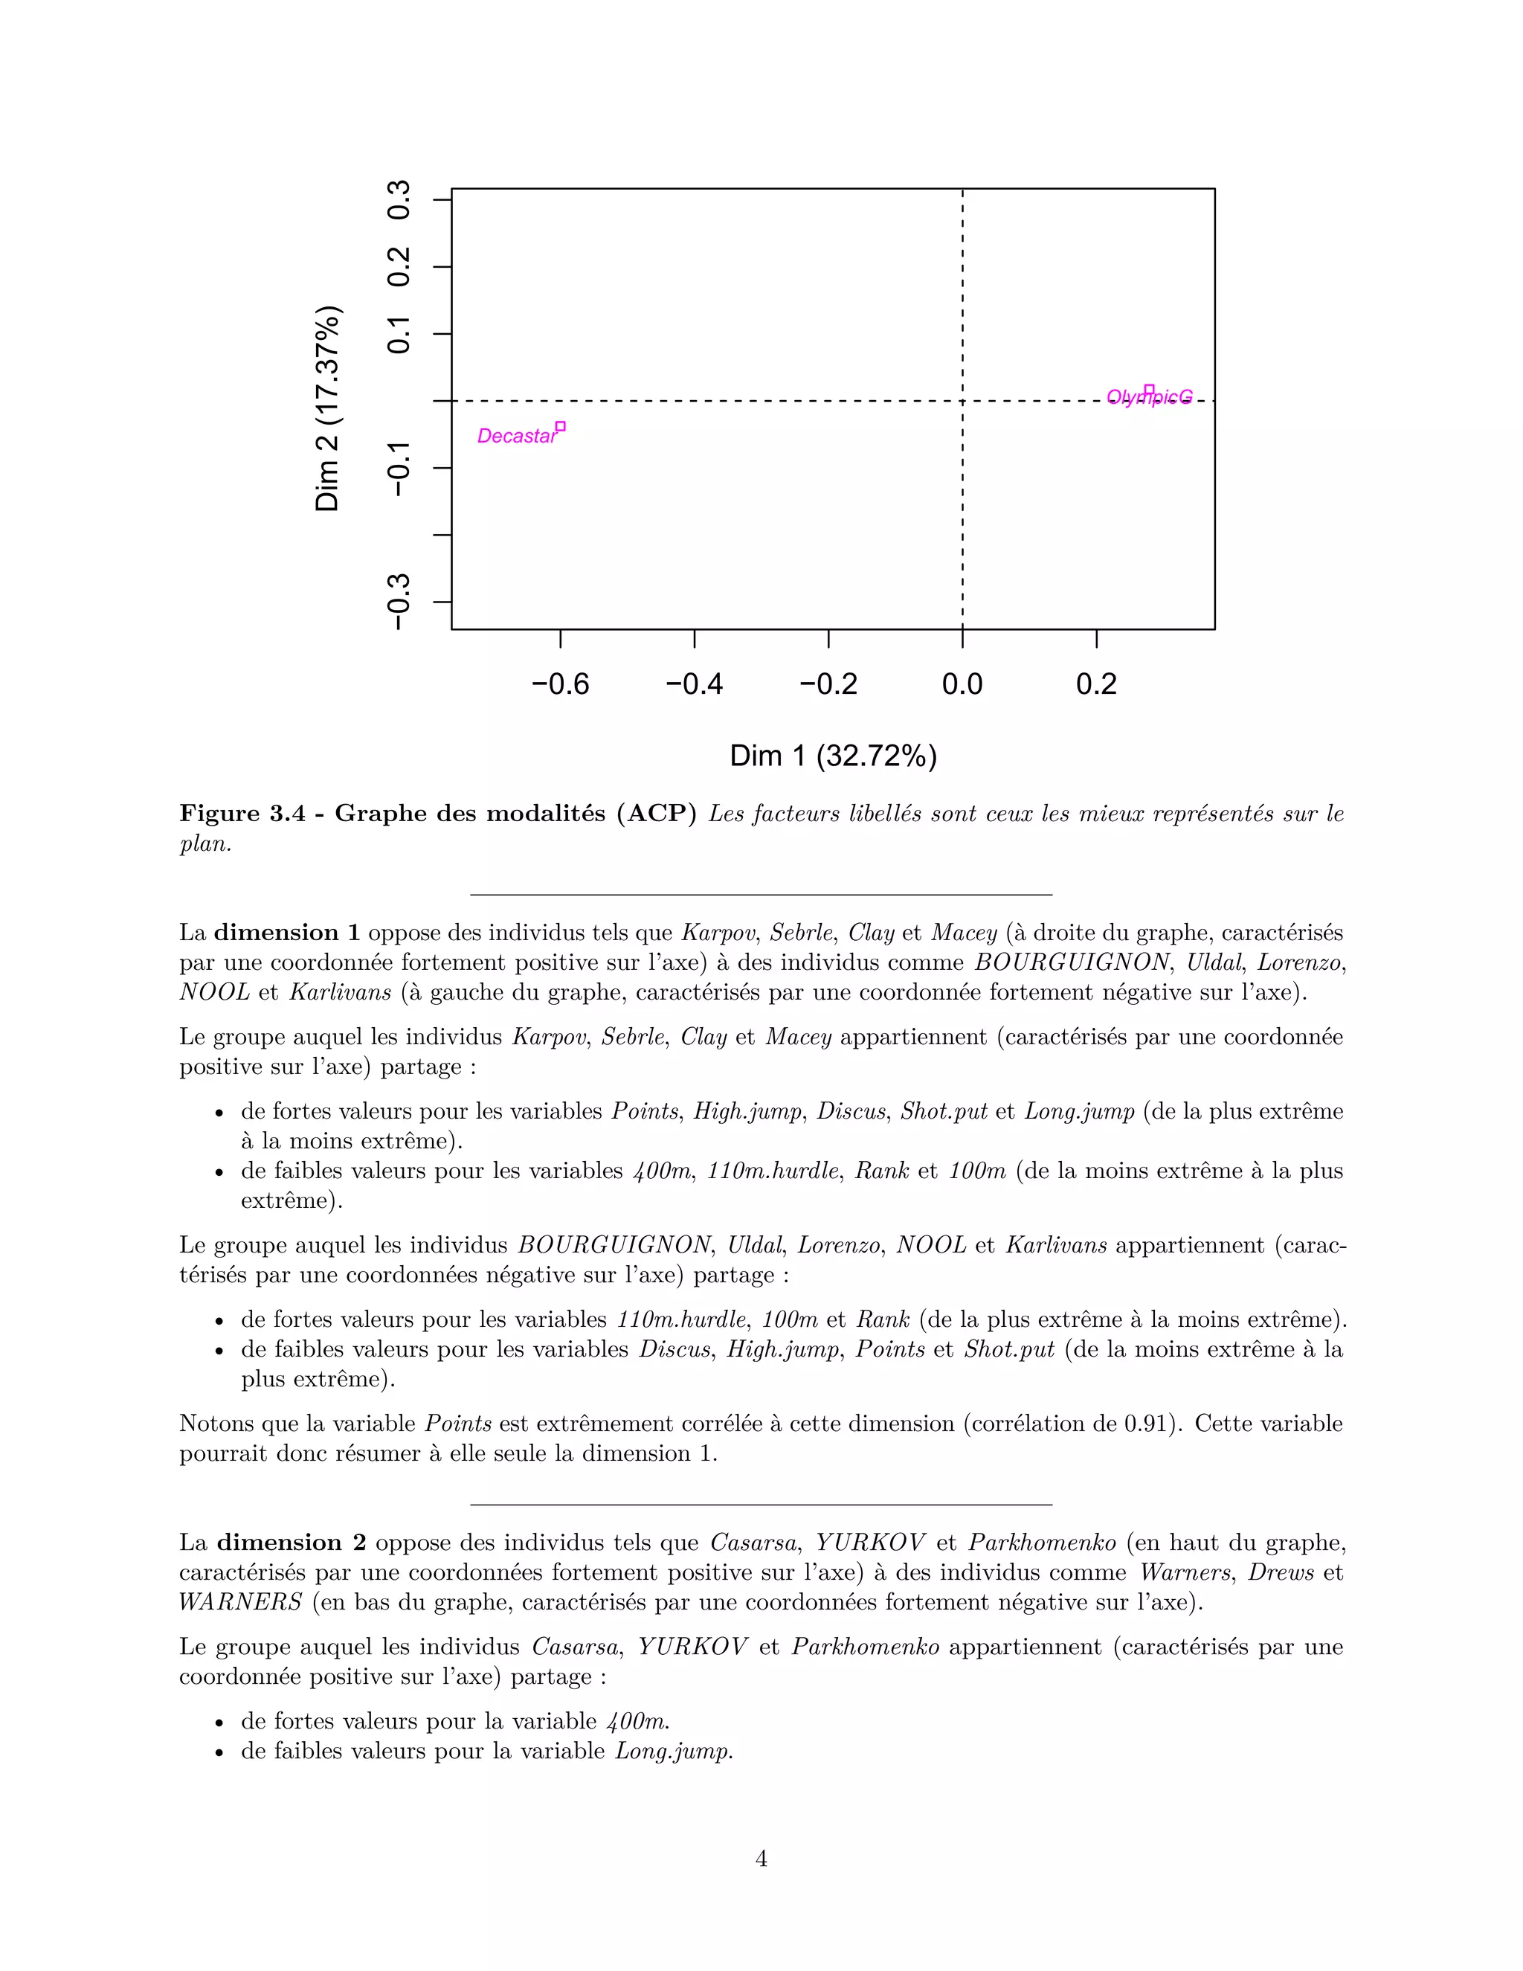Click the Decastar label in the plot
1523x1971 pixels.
click(516, 436)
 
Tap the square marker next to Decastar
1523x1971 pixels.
click(560, 426)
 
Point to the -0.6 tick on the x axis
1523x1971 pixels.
click(560, 684)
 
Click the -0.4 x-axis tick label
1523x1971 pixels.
click(694, 684)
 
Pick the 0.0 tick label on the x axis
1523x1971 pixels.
click(962, 684)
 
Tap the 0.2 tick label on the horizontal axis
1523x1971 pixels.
click(1096, 684)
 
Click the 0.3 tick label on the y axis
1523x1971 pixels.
click(399, 199)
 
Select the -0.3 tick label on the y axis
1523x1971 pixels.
click(399, 602)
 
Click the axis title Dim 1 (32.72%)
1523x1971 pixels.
click(833, 756)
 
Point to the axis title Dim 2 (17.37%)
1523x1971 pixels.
click(327, 409)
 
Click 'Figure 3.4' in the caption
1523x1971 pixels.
click(239, 813)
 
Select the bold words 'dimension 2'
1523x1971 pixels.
click(291, 1543)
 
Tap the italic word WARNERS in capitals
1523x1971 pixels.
click(240, 1602)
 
